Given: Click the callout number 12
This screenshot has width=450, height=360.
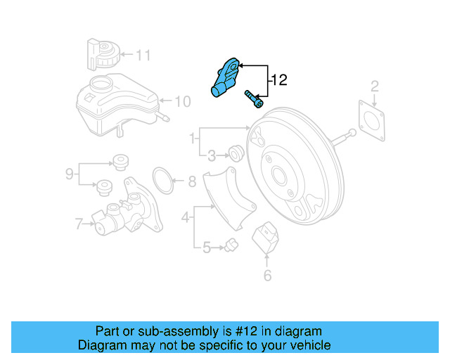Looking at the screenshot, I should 279,81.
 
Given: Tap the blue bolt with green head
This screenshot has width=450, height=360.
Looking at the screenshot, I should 253,98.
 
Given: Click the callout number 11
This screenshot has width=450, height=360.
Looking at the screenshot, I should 143,54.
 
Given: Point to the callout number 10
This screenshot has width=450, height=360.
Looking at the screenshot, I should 182,102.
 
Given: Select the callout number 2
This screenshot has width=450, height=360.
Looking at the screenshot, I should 375,86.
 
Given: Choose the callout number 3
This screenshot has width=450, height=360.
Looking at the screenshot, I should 211,155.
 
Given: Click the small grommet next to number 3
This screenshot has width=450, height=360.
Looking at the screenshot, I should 237,151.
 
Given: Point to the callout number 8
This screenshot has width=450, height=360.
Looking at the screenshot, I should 192,182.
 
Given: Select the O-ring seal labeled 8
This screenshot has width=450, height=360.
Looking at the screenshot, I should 163,180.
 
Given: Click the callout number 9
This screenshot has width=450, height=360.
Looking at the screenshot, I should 69,173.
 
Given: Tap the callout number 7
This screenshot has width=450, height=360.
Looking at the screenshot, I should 79,225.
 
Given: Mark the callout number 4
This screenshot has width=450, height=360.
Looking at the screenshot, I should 186,219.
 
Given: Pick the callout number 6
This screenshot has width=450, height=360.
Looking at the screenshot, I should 267,275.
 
